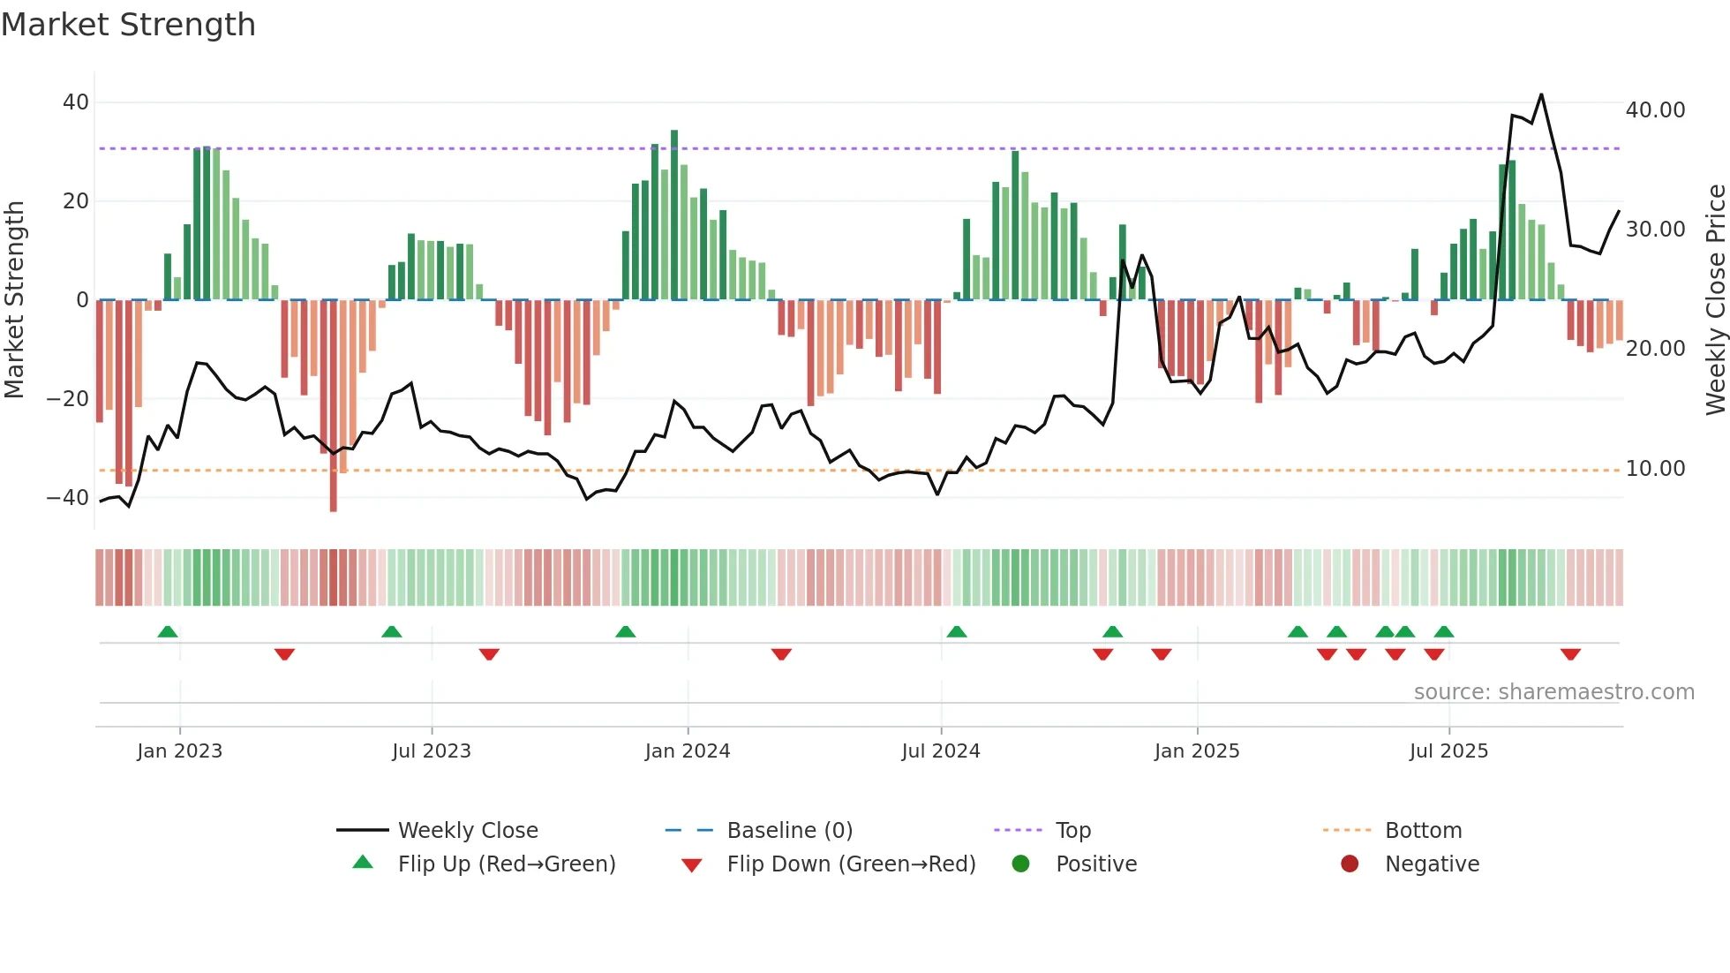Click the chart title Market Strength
[x=128, y=25]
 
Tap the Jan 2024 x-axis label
[x=688, y=751]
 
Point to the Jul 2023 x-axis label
[x=432, y=751]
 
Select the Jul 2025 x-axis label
[x=1448, y=751]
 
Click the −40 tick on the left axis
[x=68, y=498]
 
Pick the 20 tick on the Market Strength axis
[x=76, y=201]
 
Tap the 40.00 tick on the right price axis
[x=1655, y=110]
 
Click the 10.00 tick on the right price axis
[x=1655, y=469]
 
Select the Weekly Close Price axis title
[x=1715, y=300]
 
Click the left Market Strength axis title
[x=14, y=300]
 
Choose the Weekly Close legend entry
[x=467, y=831]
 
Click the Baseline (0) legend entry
[x=789, y=831]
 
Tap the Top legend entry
[x=1072, y=831]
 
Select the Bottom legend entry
[x=1423, y=831]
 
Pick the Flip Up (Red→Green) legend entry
[x=506, y=864]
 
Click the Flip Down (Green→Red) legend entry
[x=851, y=864]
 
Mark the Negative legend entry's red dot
[x=1350, y=864]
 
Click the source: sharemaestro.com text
[x=1553, y=692]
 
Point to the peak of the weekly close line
[x=1541, y=94]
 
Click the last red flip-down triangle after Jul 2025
[x=1570, y=654]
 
